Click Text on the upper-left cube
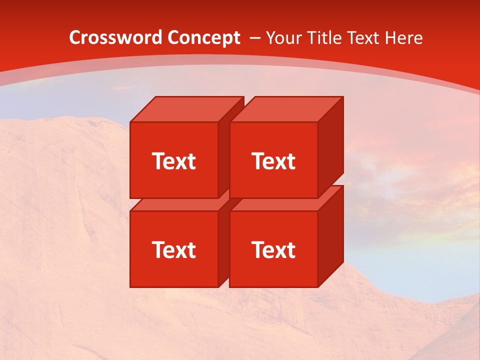(x=173, y=161)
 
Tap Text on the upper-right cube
(x=273, y=161)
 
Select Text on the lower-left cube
(x=173, y=249)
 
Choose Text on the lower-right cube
(x=273, y=249)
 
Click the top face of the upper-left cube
(x=185, y=109)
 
